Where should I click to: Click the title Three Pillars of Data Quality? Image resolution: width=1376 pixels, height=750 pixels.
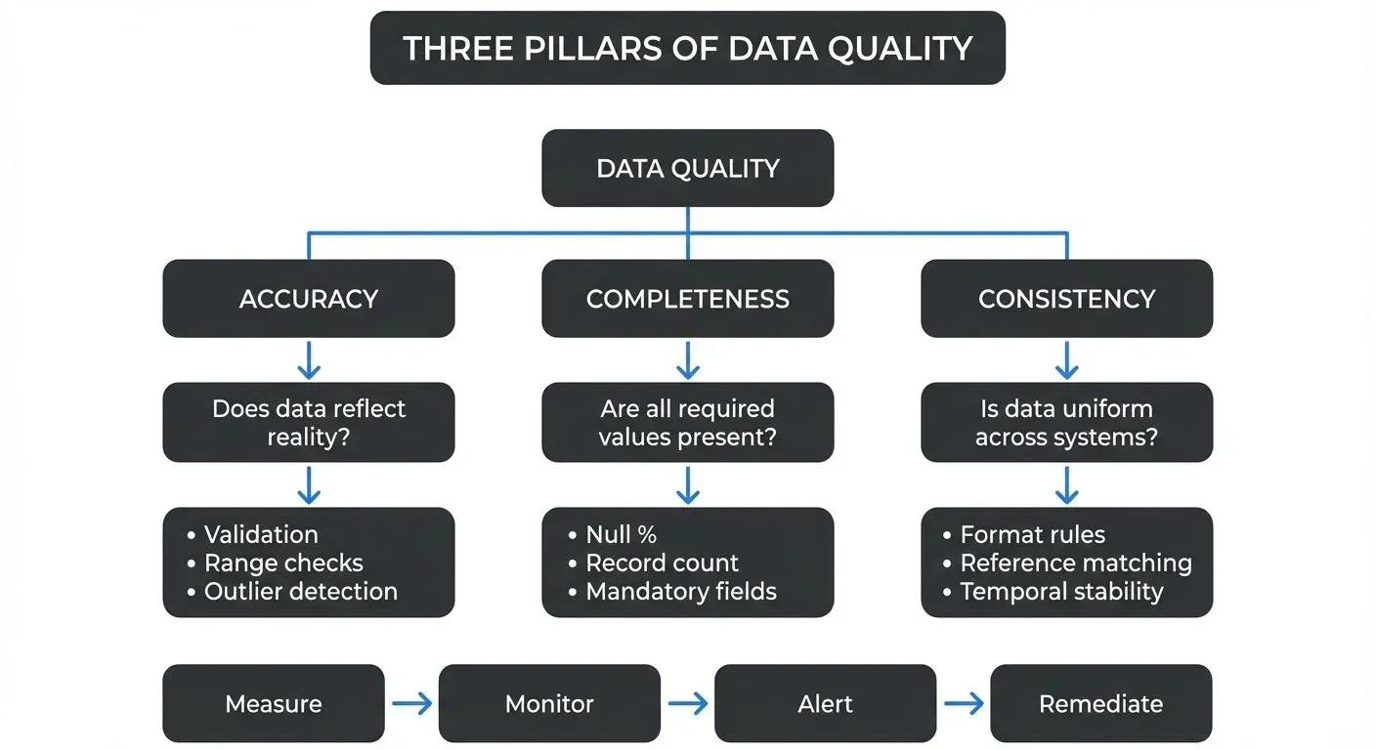pyautogui.click(x=687, y=48)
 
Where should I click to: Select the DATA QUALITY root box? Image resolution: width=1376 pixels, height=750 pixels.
pyautogui.click(x=687, y=168)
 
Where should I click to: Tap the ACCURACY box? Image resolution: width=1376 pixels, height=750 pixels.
pyautogui.click(x=308, y=299)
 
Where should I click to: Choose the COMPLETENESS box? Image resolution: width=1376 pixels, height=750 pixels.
pyautogui.click(x=687, y=299)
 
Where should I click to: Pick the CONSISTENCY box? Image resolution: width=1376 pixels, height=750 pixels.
pyautogui.click(x=1066, y=299)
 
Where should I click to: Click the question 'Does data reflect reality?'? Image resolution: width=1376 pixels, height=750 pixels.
pyautogui.click(x=308, y=422)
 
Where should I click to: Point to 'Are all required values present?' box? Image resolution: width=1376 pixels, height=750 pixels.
pyautogui.click(x=687, y=422)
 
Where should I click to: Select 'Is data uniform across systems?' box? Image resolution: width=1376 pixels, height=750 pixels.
pyautogui.click(x=1066, y=422)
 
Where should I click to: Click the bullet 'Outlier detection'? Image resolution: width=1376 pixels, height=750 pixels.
pyautogui.click(x=300, y=591)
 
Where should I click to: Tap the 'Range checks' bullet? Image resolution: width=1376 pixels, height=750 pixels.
pyautogui.click(x=283, y=563)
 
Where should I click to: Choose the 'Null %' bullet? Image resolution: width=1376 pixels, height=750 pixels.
pyautogui.click(x=621, y=534)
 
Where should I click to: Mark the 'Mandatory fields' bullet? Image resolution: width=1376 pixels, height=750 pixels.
pyautogui.click(x=681, y=591)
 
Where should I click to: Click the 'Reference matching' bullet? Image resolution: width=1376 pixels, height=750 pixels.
pyautogui.click(x=1075, y=563)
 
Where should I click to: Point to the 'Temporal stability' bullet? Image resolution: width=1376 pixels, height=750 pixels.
pyautogui.click(x=1061, y=591)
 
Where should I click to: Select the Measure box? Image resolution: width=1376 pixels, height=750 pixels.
pyautogui.click(x=273, y=704)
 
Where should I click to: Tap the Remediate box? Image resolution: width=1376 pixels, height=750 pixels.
pyautogui.click(x=1100, y=704)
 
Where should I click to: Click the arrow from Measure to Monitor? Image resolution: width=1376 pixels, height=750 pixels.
pyautogui.click(x=411, y=704)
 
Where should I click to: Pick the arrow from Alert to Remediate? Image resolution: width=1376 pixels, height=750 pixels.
pyautogui.click(x=964, y=704)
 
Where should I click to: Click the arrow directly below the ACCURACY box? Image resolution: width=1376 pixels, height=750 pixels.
pyautogui.click(x=308, y=360)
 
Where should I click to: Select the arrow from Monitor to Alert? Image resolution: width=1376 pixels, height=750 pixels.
pyautogui.click(x=688, y=704)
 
